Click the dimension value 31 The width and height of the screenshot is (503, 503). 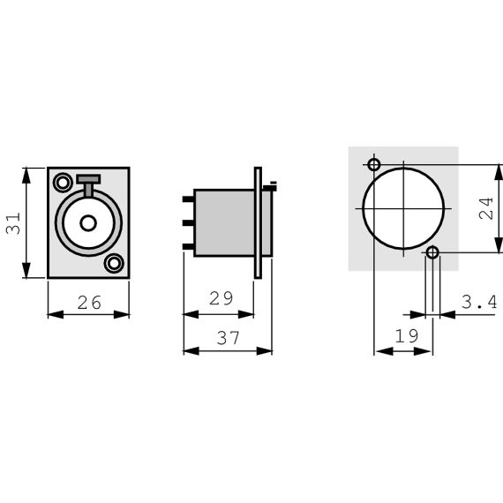[x=12, y=222]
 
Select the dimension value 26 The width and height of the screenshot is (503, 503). [x=88, y=303]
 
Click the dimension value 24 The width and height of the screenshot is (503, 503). [x=485, y=208]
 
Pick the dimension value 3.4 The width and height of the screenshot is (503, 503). [x=479, y=303]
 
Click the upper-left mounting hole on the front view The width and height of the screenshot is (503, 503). [x=63, y=184]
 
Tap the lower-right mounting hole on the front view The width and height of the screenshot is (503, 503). [x=114, y=262]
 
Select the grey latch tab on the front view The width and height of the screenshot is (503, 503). [x=88, y=181]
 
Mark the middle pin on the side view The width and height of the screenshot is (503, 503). [x=187, y=222]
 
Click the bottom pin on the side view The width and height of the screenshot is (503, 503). [x=187, y=245]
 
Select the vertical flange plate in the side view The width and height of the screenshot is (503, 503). [x=258, y=222]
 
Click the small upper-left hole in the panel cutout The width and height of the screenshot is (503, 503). [x=374, y=165]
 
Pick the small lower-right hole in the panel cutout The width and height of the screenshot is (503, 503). [x=432, y=253]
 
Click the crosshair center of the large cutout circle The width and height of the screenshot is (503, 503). [x=403, y=208]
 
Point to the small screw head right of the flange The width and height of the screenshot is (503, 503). [x=270, y=185]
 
